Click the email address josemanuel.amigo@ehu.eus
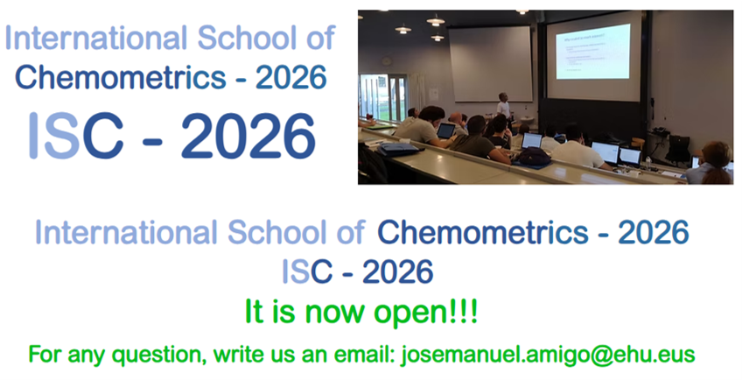coord(548,355)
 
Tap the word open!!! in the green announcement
coord(426,313)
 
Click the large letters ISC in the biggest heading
coord(76,136)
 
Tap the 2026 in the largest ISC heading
coord(248,136)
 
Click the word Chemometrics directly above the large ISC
coord(120,77)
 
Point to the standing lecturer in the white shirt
coord(503,106)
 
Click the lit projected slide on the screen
coord(592,51)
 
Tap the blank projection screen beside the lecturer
coord(490,63)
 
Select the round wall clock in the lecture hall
coord(387,61)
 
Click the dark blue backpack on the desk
coord(534,156)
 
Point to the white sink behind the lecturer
coord(527,118)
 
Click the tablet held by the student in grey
coord(445,130)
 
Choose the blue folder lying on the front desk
coord(398,148)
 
